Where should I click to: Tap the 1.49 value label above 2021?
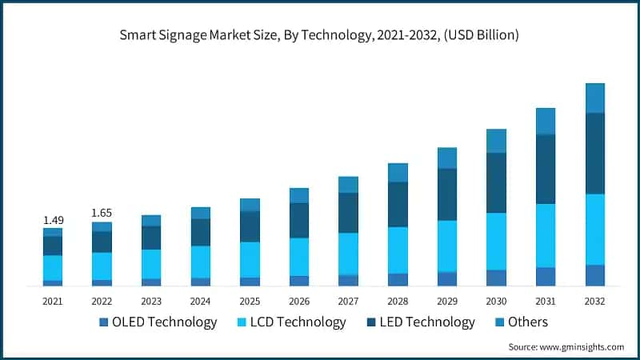(53, 220)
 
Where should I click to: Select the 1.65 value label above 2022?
(102, 214)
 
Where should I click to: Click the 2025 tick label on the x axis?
(250, 302)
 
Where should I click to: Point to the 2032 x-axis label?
(594, 302)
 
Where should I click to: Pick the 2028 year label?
(398, 302)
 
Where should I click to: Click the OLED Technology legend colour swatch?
(103, 322)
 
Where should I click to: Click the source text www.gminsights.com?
(566, 346)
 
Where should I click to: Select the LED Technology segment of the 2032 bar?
(594, 154)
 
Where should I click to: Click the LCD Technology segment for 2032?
(594, 229)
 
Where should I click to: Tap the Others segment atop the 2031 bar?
(546, 121)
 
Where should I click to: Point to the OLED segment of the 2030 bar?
(496, 278)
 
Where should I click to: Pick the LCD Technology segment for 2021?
(53, 268)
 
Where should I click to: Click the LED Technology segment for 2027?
(348, 213)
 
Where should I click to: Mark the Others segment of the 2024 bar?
(201, 213)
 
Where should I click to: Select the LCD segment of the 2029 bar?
(447, 246)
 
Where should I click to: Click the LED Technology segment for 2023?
(151, 238)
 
